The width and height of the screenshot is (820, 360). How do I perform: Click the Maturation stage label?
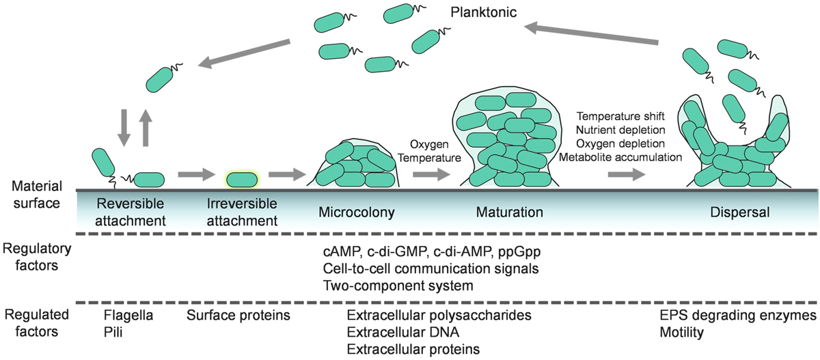[x=510, y=212]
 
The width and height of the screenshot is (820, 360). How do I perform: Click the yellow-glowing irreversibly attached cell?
[x=242, y=180]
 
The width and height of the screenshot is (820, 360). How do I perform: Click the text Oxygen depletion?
[x=619, y=143]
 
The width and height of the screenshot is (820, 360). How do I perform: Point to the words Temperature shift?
[x=619, y=115]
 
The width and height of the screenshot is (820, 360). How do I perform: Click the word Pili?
[x=113, y=333]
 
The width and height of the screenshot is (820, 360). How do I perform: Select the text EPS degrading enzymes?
[x=737, y=316]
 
